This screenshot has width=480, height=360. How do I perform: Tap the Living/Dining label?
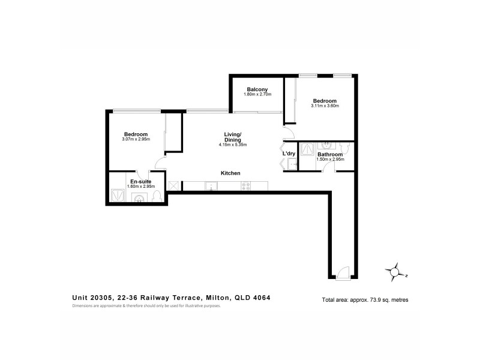coord(233,137)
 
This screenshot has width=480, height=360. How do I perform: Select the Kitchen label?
coord(230,173)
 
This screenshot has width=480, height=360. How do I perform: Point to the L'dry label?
coord(289,154)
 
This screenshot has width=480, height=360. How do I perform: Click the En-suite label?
coord(140,181)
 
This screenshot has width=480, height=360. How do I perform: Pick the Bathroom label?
coord(329,154)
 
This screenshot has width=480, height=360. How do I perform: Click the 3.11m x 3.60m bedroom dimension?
coord(325,106)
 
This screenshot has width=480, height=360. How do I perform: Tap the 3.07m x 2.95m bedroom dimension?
coord(136,139)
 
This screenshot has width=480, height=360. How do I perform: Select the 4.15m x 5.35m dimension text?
coord(233,145)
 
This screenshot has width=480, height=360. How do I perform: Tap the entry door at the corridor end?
coord(343,273)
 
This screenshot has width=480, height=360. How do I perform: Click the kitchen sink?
coord(211,186)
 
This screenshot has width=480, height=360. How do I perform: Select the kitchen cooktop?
coord(245,186)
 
